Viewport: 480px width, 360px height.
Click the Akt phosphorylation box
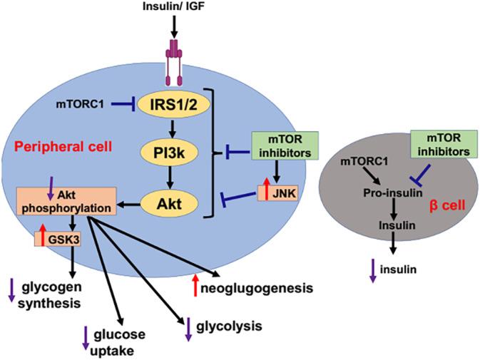(62, 204)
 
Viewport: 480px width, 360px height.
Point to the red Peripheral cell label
(62, 146)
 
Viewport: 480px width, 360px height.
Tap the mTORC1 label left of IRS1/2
(78, 104)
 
